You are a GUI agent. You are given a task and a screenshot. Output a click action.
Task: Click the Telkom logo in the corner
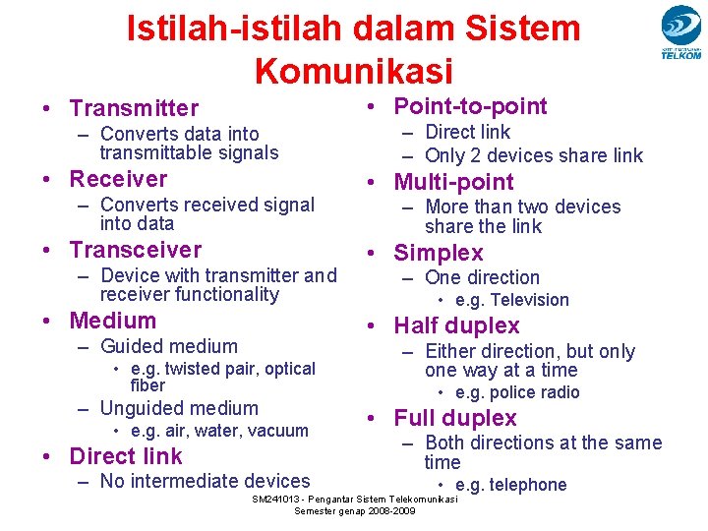tap(680, 32)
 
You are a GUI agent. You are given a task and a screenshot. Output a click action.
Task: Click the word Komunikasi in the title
tap(353, 71)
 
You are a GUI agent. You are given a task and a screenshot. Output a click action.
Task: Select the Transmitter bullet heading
tap(134, 108)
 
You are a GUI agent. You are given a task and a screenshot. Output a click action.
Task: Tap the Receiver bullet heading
tap(118, 179)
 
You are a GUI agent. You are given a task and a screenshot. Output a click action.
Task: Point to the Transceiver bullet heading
tap(135, 250)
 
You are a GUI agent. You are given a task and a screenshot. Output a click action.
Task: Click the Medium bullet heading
tap(112, 321)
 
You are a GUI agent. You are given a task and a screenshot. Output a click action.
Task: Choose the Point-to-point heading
tap(470, 106)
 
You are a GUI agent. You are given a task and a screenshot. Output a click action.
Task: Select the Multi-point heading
tap(453, 182)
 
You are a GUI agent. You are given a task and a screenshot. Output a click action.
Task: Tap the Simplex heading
tap(439, 253)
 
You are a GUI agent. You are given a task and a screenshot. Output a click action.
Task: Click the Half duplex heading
tap(456, 325)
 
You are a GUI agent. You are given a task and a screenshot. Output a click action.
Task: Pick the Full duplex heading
tap(455, 418)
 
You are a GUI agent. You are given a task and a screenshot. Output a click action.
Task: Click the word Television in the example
tap(529, 300)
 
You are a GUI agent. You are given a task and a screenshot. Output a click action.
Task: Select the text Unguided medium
tap(179, 408)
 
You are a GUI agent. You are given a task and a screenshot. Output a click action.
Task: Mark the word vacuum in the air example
tap(278, 431)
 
